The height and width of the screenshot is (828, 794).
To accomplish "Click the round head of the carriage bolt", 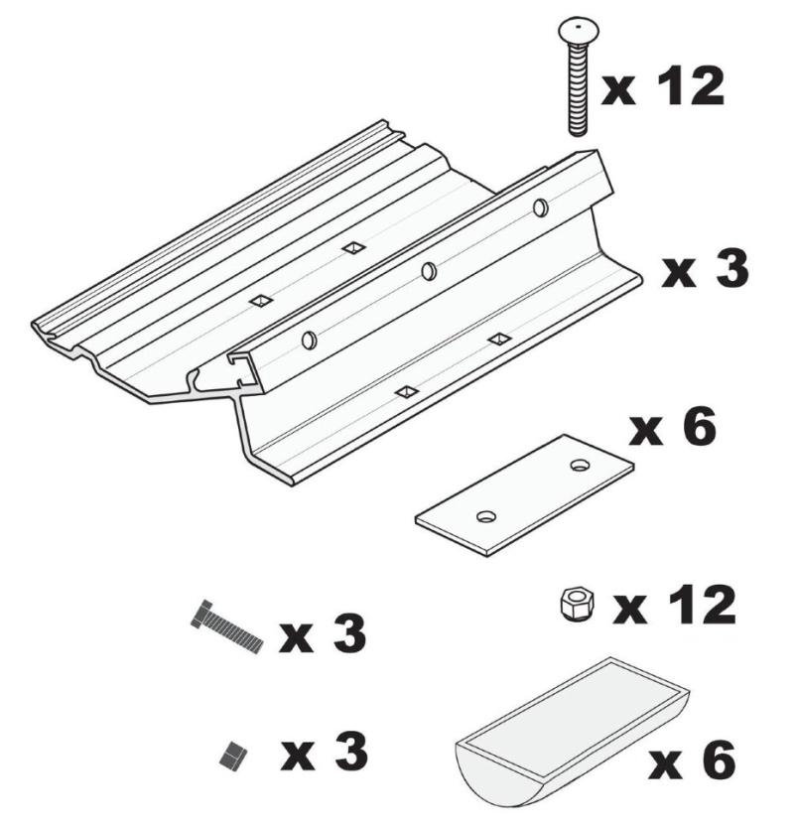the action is [577, 29].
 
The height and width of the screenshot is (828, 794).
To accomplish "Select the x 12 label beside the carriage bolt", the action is [663, 86].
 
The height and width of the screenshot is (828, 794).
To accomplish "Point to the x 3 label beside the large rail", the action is [706, 269].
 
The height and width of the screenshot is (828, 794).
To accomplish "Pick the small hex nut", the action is [577, 605].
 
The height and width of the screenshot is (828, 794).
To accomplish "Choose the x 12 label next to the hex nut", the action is [674, 606].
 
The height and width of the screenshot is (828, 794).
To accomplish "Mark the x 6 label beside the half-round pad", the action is [692, 759].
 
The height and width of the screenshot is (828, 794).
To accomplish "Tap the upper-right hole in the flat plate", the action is [580, 466].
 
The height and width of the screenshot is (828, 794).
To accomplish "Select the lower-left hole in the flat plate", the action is [486, 516].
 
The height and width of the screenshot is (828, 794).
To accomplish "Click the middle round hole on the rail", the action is [429, 271].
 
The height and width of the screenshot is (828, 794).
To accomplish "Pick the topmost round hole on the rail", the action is [540, 207].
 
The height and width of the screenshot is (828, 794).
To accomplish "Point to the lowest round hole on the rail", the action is [309, 341].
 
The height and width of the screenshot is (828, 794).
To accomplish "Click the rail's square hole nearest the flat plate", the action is [407, 391].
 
